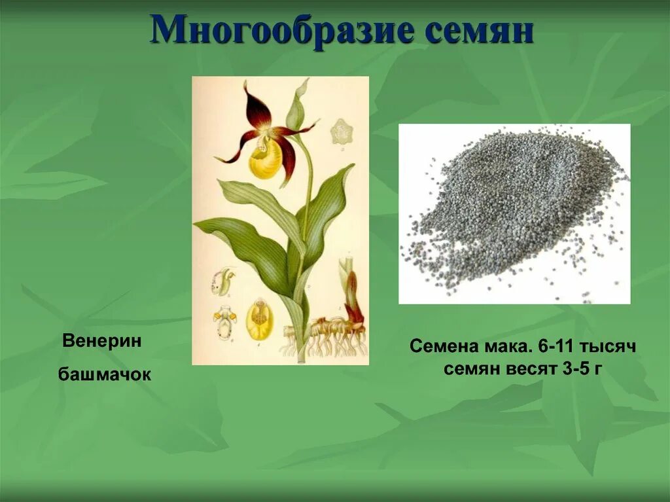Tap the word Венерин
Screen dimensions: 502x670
click(x=101, y=341)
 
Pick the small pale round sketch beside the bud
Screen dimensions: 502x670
click(x=341, y=132)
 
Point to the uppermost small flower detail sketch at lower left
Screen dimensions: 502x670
click(x=222, y=279)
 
